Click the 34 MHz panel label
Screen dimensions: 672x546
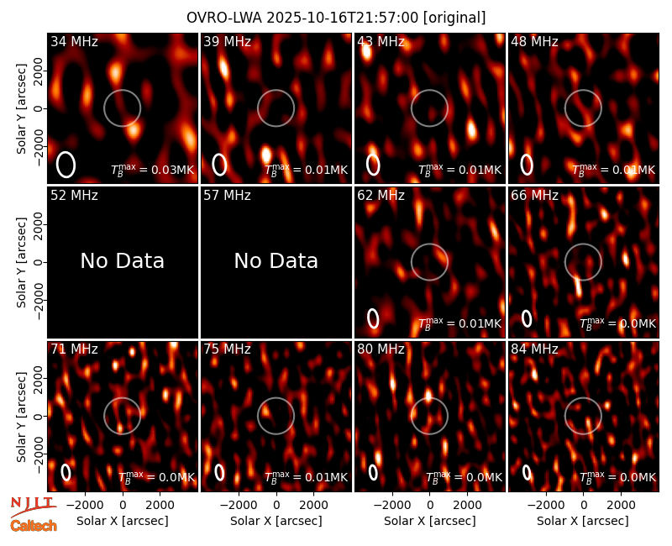tap(74, 41)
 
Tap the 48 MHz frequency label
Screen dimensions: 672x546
tap(534, 41)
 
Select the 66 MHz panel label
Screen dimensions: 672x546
tap(534, 196)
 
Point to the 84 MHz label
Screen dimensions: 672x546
tap(534, 349)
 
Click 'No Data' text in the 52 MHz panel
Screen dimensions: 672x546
tap(122, 261)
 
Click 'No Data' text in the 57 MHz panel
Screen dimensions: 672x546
tap(276, 261)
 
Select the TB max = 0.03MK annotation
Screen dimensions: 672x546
tap(153, 170)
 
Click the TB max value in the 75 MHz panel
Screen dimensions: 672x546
tap(306, 477)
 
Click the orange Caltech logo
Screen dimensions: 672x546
tap(34, 526)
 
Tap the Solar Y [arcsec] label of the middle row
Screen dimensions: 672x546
tap(21, 262)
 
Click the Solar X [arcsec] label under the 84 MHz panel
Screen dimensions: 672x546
tap(583, 521)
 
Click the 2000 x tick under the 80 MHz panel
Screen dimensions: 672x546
tap(467, 505)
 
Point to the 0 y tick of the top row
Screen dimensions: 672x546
tap(39, 108)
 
